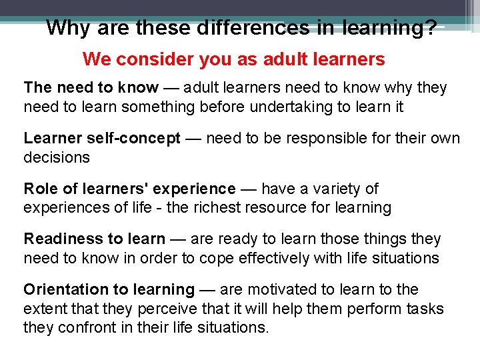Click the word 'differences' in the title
[x=253, y=28]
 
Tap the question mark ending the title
[x=431, y=28]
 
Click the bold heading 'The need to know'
[x=91, y=88]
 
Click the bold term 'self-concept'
[x=139, y=139]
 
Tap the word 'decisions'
[x=57, y=157]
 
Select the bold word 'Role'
[x=40, y=189]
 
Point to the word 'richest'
[x=216, y=207]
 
